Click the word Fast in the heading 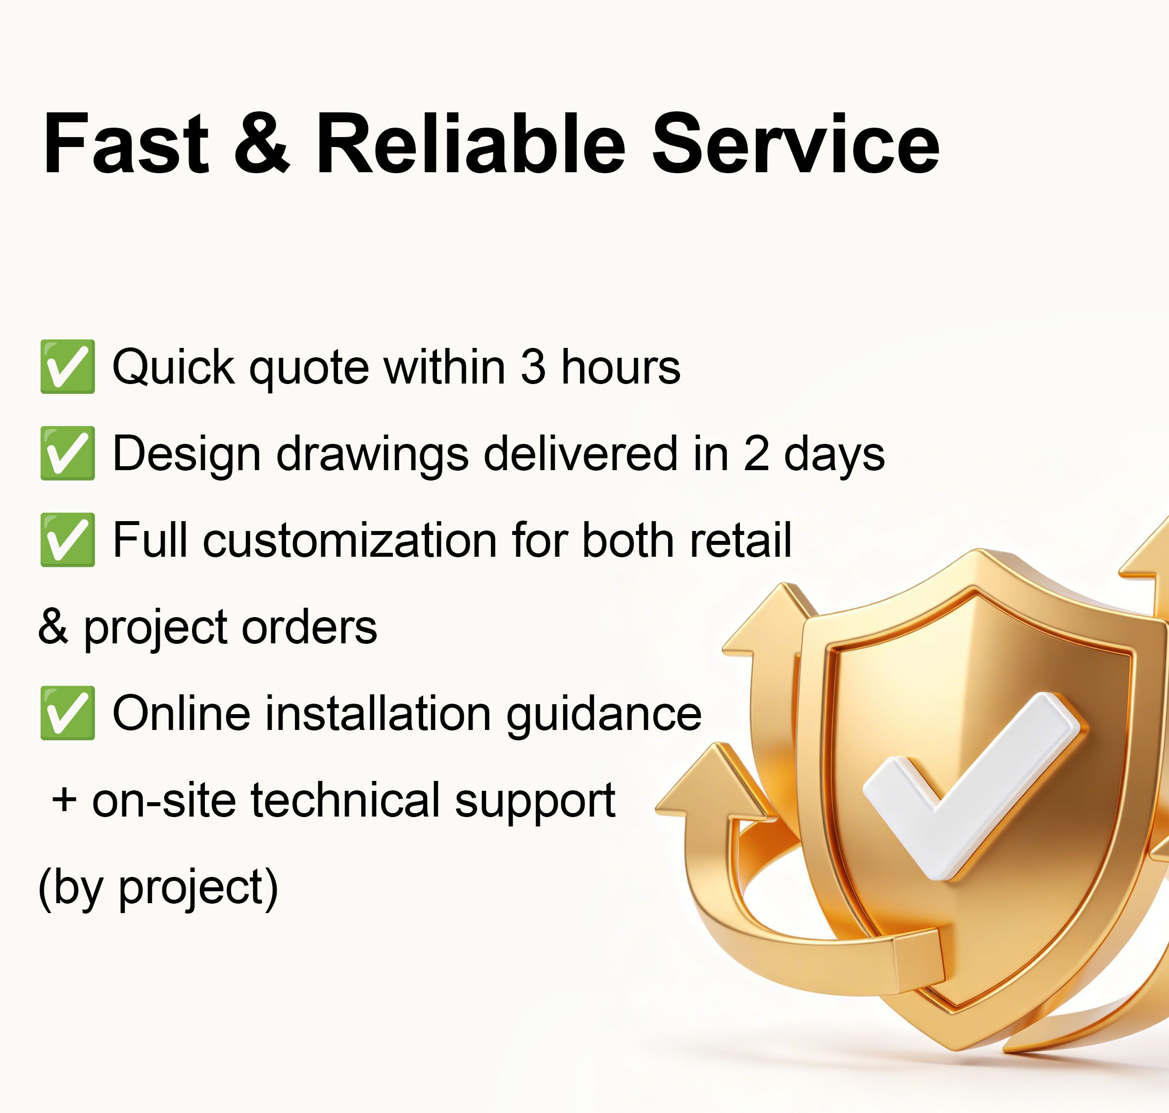pos(126,144)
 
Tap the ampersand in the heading pos(262,144)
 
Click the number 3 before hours pos(533,367)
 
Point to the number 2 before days pos(757,454)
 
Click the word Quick pos(173,367)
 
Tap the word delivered pos(581,453)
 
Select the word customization pos(350,540)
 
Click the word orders pos(309,627)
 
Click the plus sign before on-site pos(64,800)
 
